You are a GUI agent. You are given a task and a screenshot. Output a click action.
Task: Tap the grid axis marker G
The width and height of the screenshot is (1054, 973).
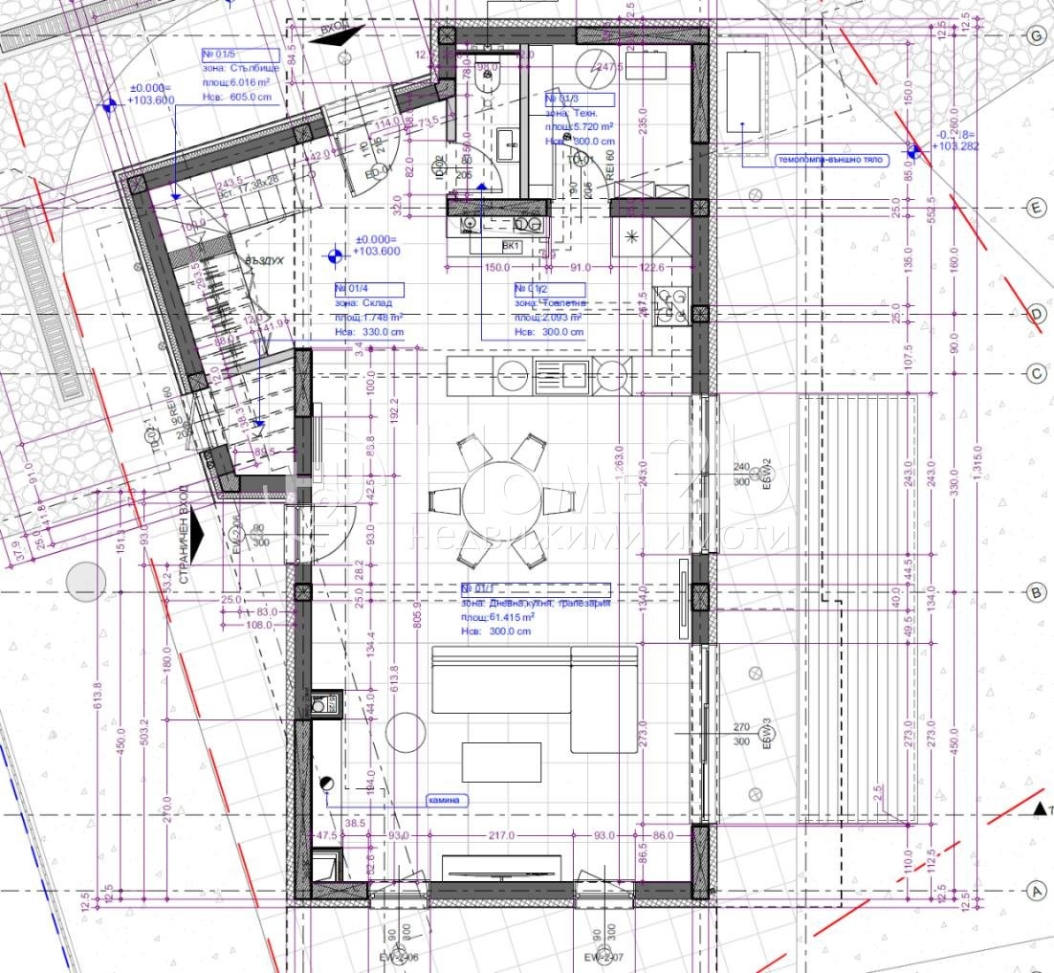tap(1034, 35)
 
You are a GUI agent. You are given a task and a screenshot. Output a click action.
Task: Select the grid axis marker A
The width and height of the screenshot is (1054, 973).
tap(1034, 891)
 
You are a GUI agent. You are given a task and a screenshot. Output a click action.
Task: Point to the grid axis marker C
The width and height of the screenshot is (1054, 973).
tap(1034, 374)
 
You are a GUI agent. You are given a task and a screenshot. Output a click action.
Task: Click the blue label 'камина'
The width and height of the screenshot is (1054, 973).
tap(444, 800)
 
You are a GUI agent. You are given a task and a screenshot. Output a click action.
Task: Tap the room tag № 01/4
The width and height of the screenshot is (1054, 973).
tap(368, 289)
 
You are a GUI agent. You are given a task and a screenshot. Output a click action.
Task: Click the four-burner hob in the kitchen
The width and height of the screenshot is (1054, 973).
tap(672, 304)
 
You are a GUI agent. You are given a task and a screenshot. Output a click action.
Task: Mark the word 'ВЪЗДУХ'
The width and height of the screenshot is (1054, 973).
tap(240, 259)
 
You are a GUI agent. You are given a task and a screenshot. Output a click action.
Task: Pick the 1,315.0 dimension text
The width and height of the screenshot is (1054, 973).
tap(977, 458)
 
